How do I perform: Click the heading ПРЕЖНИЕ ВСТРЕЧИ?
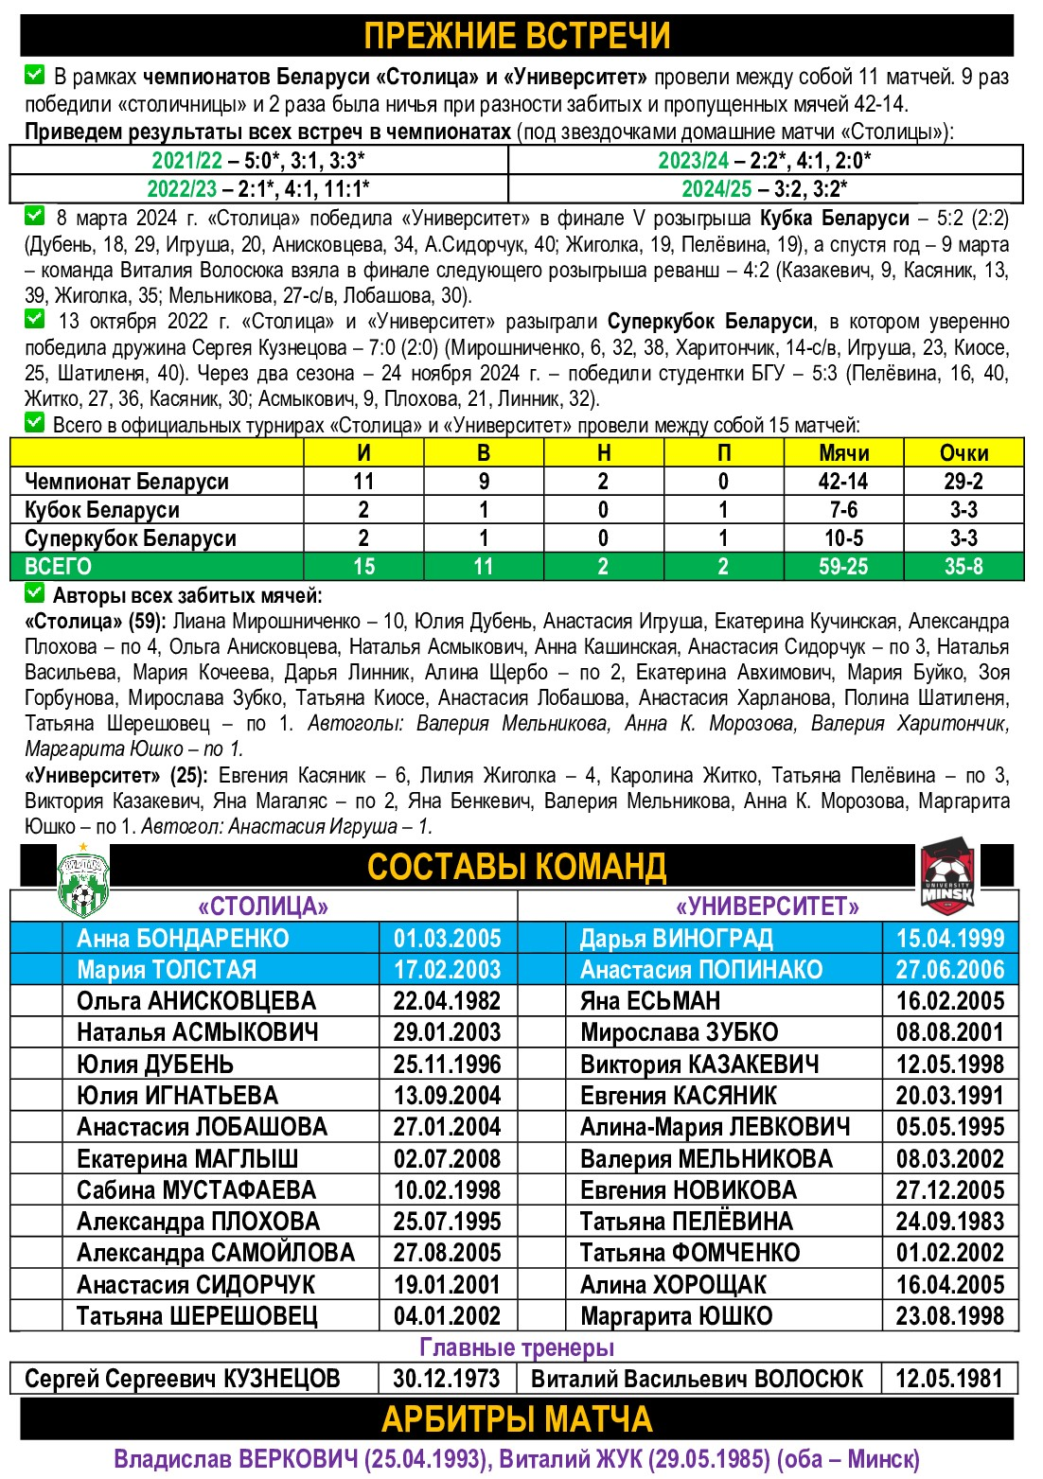click(x=517, y=36)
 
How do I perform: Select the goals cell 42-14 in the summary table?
click(x=843, y=482)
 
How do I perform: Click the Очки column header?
click(x=963, y=453)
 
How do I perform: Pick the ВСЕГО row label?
click(x=59, y=567)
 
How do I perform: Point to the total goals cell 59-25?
click(x=843, y=567)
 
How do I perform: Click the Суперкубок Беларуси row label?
click(x=131, y=538)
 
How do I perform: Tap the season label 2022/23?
click(x=182, y=188)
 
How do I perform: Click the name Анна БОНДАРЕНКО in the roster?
click(x=183, y=939)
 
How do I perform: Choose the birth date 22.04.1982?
click(x=447, y=1001)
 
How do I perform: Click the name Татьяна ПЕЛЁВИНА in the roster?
click(x=686, y=1222)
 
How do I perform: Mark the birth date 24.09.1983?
click(x=949, y=1222)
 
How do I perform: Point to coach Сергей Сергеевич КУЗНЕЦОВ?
click(x=183, y=1379)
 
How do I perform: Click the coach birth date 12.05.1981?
click(x=949, y=1379)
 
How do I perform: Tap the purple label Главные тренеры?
click(x=517, y=1347)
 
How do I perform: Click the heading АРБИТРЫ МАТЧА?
click(x=517, y=1419)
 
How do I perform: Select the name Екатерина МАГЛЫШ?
click(x=187, y=1159)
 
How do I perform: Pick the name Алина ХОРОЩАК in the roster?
click(x=673, y=1285)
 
